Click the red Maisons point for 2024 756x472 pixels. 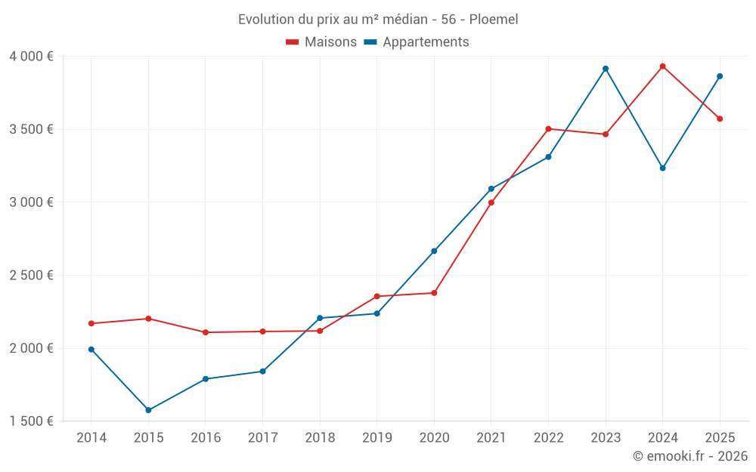coord(663,66)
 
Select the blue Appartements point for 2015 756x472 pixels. coord(148,410)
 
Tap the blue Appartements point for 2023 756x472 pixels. coord(606,69)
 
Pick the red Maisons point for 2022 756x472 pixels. coord(548,128)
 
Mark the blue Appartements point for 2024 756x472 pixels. coord(663,168)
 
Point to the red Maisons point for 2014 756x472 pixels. coord(91,323)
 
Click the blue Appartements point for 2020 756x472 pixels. coord(434,251)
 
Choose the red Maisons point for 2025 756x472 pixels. coord(720,119)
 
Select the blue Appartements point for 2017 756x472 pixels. coord(262,371)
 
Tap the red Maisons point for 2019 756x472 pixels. coord(376,296)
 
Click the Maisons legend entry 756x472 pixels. coord(330,42)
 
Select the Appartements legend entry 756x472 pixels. coord(426,42)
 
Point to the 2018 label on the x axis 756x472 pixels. coord(320,437)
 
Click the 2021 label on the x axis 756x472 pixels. coord(491,437)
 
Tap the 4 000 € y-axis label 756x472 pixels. coord(32,57)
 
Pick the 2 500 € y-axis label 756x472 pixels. coord(32,276)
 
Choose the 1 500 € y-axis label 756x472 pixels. coord(32,421)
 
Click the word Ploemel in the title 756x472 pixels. coord(494,20)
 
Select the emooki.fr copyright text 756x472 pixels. coord(690,456)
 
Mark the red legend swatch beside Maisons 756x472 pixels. coord(293,42)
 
